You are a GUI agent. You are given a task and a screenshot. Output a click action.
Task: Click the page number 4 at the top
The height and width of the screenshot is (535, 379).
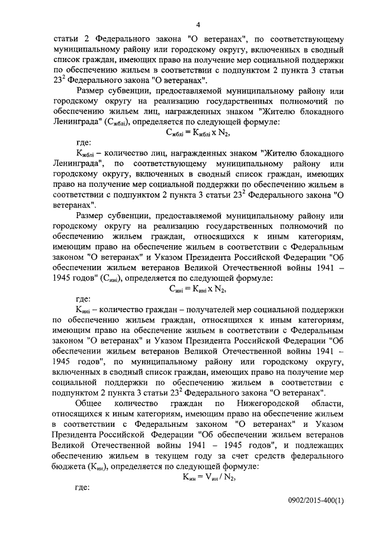pyautogui.click(x=198, y=24)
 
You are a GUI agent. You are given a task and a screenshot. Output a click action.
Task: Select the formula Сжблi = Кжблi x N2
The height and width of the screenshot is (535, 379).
pyautogui.click(x=198, y=131)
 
